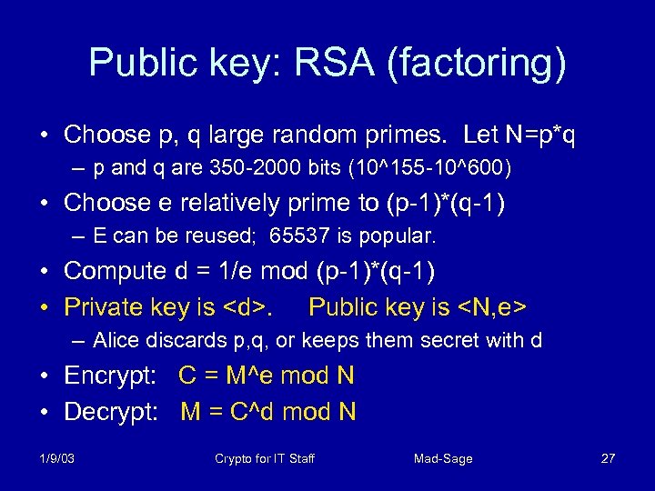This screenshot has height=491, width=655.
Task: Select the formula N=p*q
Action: coord(537,135)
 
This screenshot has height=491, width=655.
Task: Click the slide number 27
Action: coord(608,458)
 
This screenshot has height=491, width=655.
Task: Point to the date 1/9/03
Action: coord(57,458)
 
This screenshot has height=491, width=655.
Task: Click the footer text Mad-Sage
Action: coord(443,458)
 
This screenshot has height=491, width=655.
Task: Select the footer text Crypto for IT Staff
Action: coord(265,458)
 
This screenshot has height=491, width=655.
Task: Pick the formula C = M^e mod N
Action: coord(267,376)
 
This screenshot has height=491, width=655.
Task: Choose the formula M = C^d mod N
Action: coord(268,412)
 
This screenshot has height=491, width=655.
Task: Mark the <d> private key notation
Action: coord(247,307)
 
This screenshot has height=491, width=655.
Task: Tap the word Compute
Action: coord(117,271)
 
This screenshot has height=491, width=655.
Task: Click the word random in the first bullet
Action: coord(305,135)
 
